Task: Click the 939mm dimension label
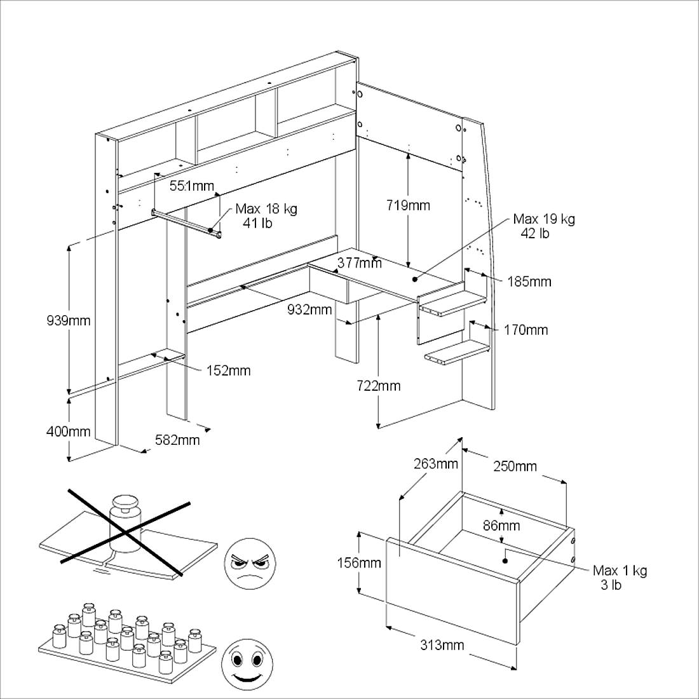point(69,320)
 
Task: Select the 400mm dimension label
point(69,431)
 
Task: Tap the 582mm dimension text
point(177,440)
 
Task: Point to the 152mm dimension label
point(228,370)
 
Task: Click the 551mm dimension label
point(192,186)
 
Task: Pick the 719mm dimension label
point(408,205)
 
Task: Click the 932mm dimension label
point(309,309)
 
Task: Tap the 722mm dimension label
point(379,386)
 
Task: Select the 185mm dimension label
point(529,282)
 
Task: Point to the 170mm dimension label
point(526,330)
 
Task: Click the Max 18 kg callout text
point(266,216)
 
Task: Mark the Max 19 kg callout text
point(544,226)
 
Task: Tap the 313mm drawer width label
point(442,645)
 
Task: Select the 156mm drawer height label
point(359,562)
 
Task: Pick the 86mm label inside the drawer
point(501,526)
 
